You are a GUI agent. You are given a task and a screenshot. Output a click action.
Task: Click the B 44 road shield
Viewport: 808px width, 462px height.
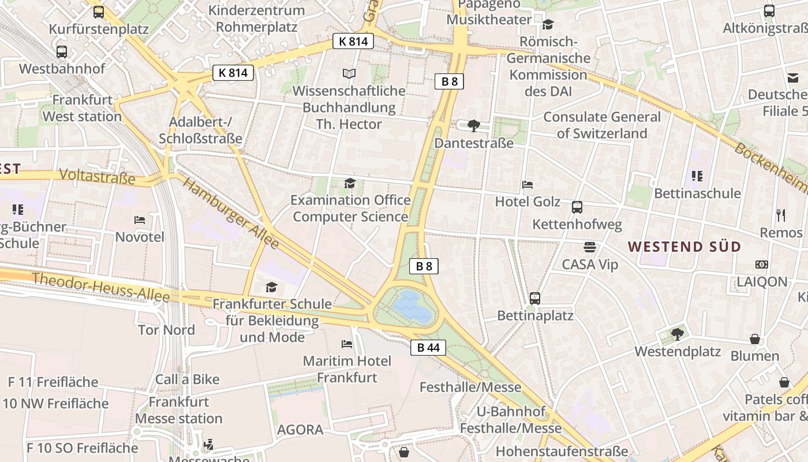coord(428,347)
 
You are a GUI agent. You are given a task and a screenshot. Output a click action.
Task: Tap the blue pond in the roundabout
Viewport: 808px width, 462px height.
coord(413,307)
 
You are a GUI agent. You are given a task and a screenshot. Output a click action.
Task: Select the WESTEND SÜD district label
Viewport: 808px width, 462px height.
coord(684,247)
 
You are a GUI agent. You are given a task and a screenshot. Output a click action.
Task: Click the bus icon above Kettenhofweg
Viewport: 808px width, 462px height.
coord(577,207)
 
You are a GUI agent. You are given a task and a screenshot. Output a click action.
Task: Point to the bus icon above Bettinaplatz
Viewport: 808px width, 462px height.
coord(535,299)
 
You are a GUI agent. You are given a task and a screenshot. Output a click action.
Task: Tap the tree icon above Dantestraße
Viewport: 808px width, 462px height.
coord(473,126)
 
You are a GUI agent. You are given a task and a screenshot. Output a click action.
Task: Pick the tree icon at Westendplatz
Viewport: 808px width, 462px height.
coord(677,334)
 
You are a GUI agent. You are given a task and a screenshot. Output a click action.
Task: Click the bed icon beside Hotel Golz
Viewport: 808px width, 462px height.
coord(528,185)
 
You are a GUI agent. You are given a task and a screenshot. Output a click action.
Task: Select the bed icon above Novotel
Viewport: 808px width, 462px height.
coord(140,220)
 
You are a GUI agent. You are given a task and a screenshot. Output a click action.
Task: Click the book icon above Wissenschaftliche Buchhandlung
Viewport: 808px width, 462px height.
coord(349,74)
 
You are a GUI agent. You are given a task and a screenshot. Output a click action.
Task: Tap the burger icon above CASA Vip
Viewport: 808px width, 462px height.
coord(589,247)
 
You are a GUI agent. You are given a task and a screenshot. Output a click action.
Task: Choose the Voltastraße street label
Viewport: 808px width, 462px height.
coord(97,177)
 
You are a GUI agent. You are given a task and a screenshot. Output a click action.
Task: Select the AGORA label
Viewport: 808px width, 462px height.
coord(300,430)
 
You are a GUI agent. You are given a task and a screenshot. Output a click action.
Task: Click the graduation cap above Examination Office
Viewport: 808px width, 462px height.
coord(350,184)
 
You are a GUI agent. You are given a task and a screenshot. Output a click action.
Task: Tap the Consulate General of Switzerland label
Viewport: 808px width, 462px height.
coord(602,125)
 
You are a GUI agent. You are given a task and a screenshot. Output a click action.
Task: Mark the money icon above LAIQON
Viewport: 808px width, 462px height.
coord(762,264)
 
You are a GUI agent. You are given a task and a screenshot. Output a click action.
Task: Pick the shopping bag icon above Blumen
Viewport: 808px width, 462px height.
coord(755,339)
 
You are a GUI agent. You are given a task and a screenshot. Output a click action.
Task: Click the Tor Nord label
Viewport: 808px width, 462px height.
coord(167,330)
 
